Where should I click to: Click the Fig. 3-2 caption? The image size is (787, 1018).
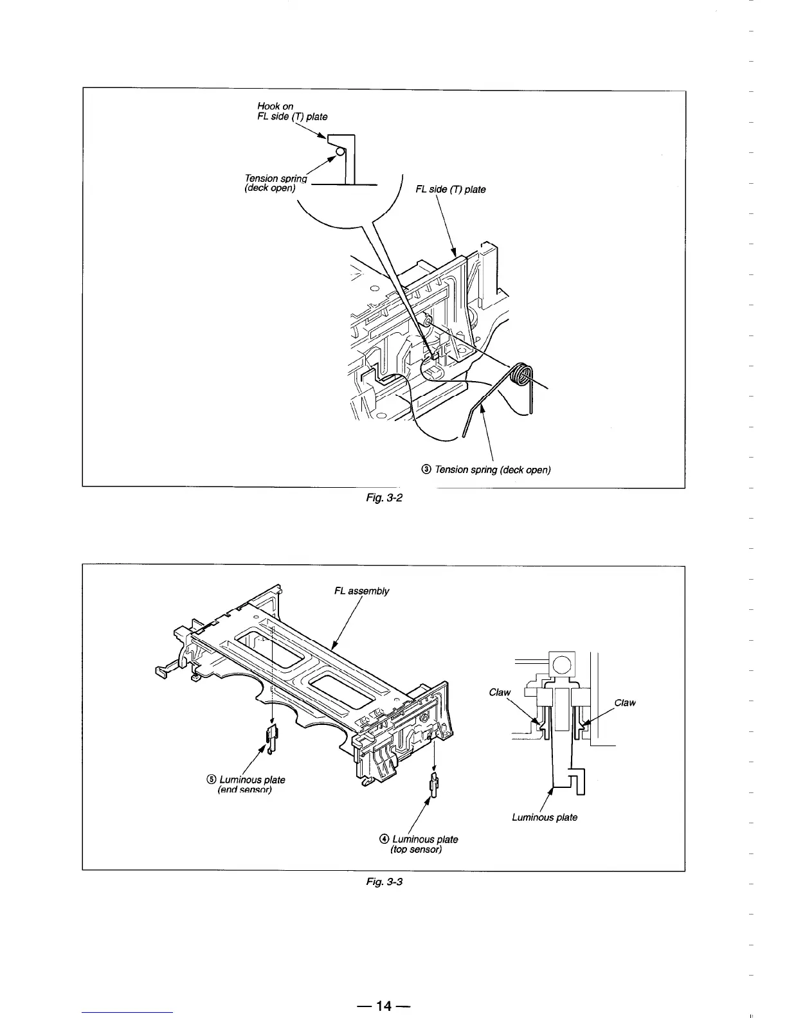pos(384,498)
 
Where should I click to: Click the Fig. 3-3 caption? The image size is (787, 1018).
pos(384,881)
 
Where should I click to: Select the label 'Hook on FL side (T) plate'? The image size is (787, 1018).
pos(291,111)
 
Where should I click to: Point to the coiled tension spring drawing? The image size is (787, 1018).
pos(522,376)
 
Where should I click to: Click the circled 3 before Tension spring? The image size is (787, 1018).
pos(426,470)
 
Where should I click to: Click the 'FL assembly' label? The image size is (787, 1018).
pos(361,591)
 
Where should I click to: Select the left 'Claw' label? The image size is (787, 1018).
pos(500,692)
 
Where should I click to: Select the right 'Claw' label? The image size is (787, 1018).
pos(625,702)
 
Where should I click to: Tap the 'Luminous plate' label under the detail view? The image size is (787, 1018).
pos(544,817)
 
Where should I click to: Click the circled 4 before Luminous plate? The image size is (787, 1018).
pos(384,839)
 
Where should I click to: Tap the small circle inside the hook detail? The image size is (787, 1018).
pos(340,151)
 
